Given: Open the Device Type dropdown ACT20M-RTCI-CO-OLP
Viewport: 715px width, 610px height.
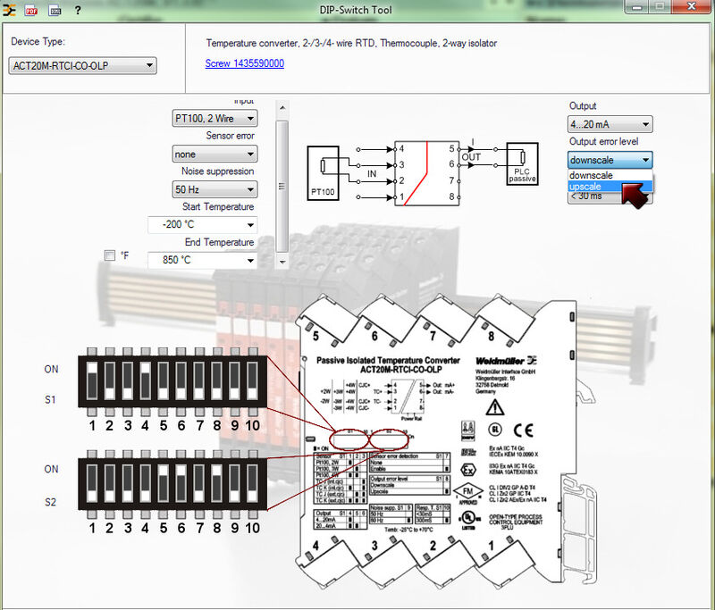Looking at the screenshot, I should click(83, 65).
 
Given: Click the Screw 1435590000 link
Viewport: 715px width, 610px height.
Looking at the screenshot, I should click(244, 63).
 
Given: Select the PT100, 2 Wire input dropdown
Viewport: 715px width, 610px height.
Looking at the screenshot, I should click(214, 118).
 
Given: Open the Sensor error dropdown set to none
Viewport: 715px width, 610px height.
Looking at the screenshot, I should click(214, 155).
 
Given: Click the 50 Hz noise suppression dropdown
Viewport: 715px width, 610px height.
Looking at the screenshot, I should click(214, 189).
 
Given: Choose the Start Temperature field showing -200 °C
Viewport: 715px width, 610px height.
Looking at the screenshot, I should click(202, 225).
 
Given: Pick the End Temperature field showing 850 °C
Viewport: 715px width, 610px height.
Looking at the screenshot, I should click(202, 260).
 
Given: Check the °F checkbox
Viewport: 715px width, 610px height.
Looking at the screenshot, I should click(110, 255).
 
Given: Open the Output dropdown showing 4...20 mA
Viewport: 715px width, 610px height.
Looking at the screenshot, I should click(610, 124).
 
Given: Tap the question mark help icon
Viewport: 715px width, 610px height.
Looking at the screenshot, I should click(78, 10).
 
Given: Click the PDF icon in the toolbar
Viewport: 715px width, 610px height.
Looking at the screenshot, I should click(31, 10).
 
